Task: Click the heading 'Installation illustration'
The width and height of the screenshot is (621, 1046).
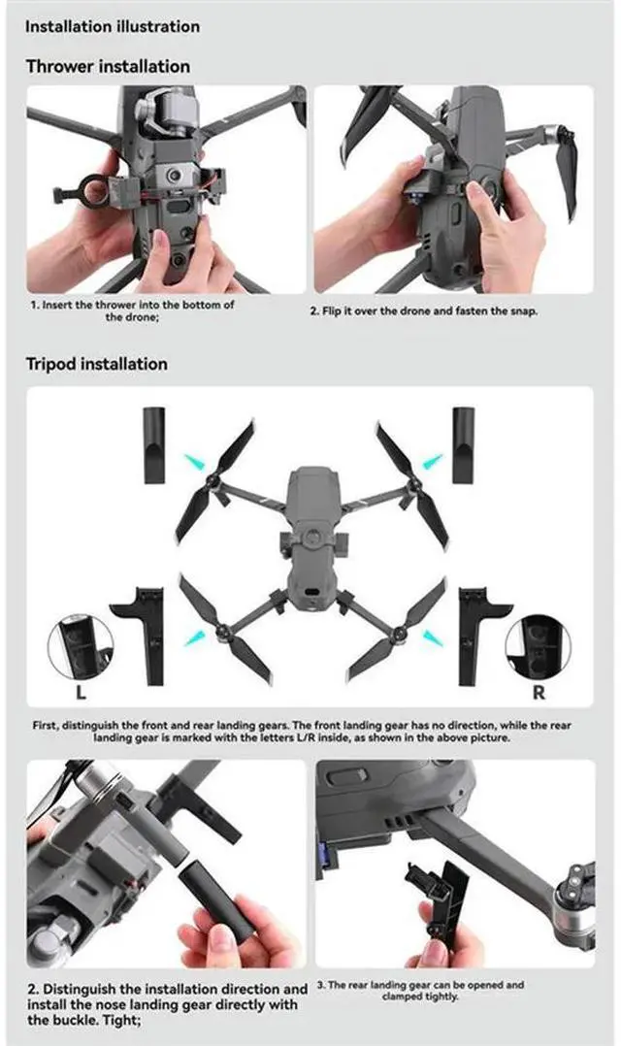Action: (x=113, y=26)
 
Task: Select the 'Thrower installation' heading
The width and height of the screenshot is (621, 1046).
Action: (x=108, y=67)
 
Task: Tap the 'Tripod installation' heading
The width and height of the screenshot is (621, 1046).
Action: (x=96, y=364)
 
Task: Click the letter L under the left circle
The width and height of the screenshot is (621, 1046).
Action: (x=80, y=693)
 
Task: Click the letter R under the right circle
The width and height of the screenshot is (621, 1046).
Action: (x=539, y=693)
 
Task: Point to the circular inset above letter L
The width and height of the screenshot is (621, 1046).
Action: (x=81, y=647)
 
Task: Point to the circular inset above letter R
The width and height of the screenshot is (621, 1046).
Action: (x=538, y=647)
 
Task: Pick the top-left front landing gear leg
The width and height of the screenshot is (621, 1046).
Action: (x=154, y=445)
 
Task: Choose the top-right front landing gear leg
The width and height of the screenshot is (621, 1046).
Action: (x=463, y=445)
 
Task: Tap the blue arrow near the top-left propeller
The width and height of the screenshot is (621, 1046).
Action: (x=196, y=457)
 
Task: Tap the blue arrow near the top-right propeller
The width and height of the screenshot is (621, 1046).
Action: (x=432, y=458)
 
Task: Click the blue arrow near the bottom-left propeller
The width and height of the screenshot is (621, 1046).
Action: (x=196, y=636)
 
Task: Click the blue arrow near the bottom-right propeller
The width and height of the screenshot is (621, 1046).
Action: (x=433, y=636)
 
